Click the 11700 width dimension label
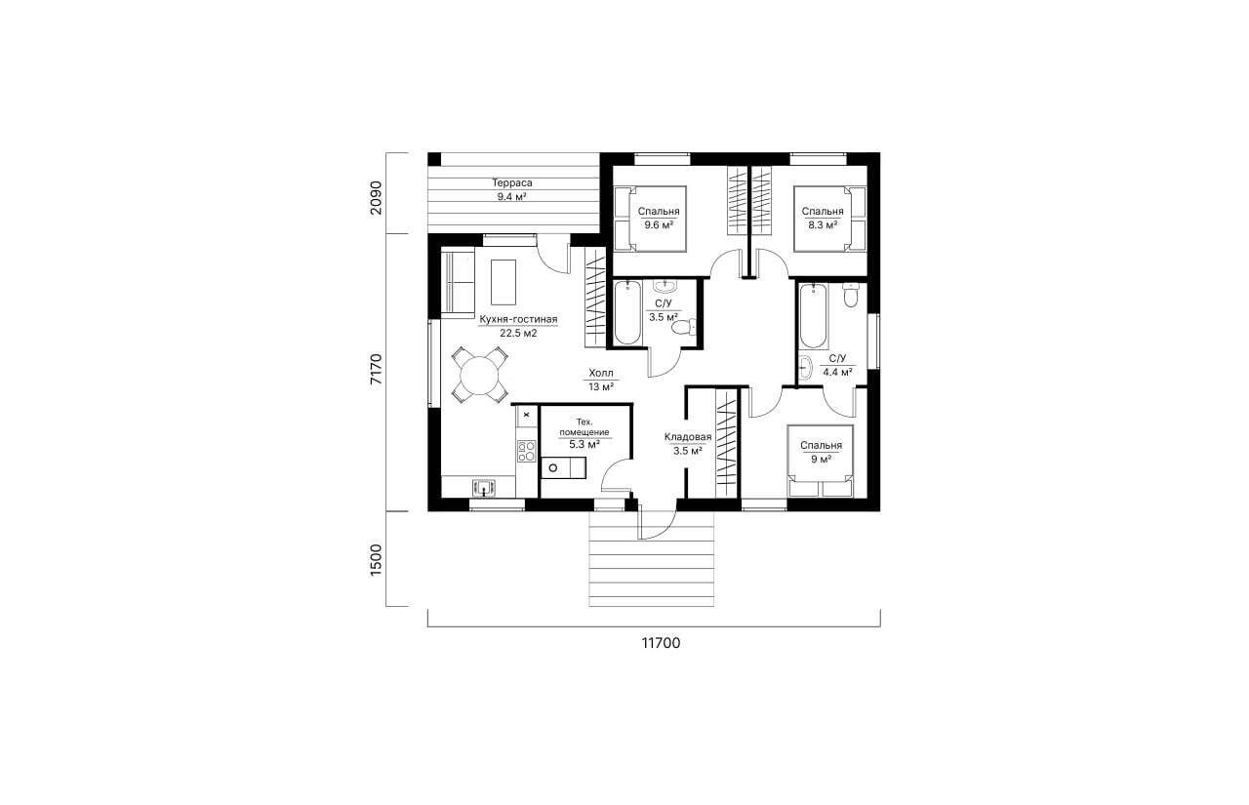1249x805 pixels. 661,643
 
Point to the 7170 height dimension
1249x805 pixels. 377,369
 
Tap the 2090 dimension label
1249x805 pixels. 377,197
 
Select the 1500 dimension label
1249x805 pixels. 377,560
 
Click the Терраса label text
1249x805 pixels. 512,182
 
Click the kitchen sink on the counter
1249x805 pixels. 94,487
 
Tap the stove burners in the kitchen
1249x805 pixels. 136,451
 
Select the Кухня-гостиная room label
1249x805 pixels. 518,319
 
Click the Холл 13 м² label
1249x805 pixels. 601,380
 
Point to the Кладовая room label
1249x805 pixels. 688,437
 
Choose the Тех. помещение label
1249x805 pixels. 584,427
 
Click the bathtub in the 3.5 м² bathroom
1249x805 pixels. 627,312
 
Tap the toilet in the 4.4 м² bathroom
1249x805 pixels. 850,295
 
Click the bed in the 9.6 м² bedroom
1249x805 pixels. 650,220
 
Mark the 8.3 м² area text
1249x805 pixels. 823,225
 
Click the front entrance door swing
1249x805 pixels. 658,525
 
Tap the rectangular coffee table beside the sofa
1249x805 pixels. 113,282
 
